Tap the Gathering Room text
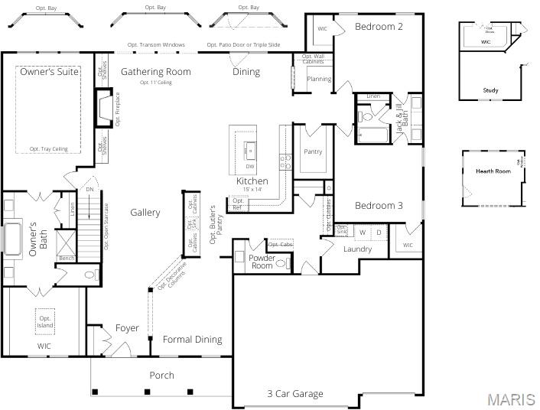(155, 71)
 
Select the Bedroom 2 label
(379, 26)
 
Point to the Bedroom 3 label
(379, 205)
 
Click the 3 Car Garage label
(294, 394)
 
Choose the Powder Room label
(262, 262)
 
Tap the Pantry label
(313, 151)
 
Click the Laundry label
(357, 249)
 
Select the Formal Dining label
(192, 339)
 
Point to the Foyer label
(127, 328)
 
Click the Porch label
(161, 375)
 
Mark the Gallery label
(145, 212)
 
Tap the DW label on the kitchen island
(249, 166)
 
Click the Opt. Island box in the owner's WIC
(45, 321)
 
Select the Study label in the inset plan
(490, 90)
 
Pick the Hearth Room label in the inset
(493, 171)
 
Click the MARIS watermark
(510, 399)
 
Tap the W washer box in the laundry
(363, 232)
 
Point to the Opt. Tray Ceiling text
(48, 149)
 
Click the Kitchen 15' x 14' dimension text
(252, 189)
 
